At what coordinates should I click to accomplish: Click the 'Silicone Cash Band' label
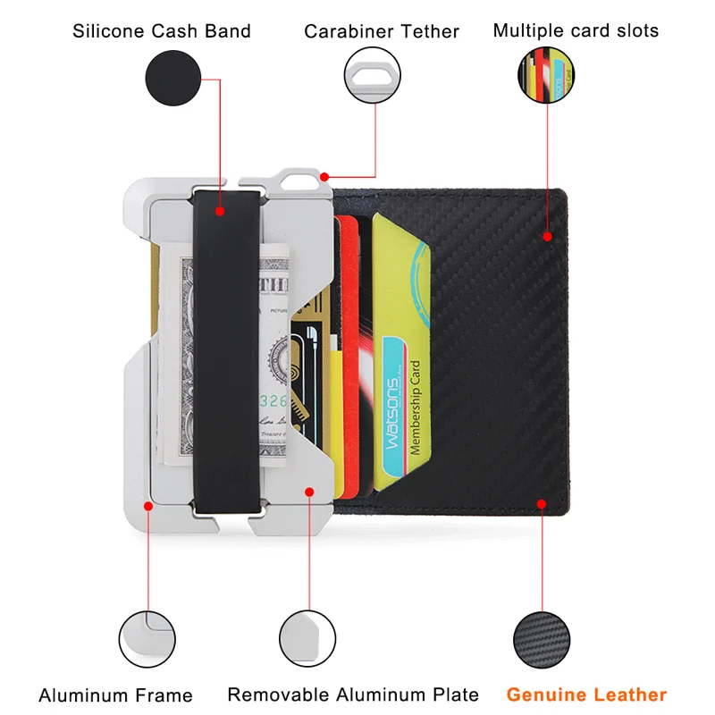pyautogui.click(x=162, y=31)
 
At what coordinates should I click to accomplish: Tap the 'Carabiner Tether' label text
pyautogui.click(x=382, y=31)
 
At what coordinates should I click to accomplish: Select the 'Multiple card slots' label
pyautogui.click(x=576, y=30)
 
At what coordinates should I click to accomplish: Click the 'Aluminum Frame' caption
pyautogui.click(x=115, y=695)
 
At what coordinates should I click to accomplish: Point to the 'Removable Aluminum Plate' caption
pyautogui.click(x=353, y=694)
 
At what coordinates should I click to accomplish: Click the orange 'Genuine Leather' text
pyautogui.click(x=586, y=694)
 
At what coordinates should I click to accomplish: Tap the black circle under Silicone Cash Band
pyautogui.click(x=173, y=78)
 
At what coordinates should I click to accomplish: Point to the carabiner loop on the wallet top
pyautogui.click(x=301, y=180)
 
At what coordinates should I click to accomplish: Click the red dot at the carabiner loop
pyautogui.click(x=324, y=177)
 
